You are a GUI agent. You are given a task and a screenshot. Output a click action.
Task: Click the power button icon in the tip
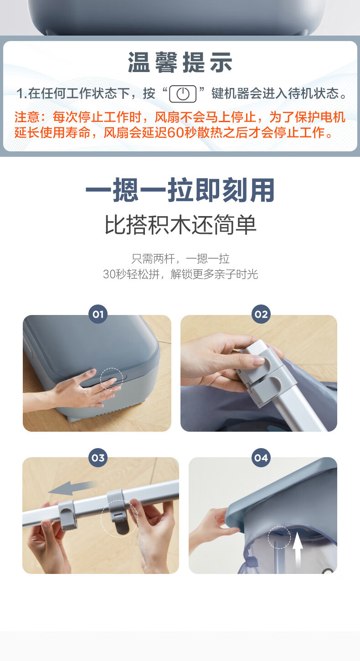click(183, 94)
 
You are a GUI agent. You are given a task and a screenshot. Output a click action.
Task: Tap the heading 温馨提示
click(180, 62)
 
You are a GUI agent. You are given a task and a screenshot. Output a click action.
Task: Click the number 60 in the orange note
click(176, 133)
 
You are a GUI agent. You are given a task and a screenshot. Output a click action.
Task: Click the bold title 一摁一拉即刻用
click(180, 190)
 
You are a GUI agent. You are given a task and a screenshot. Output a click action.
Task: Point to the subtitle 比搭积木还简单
click(180, 225)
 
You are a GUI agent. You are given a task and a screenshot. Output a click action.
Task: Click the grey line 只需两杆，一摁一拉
click(180, 259)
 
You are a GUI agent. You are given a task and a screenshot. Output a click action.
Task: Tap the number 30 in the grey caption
click(109, 274)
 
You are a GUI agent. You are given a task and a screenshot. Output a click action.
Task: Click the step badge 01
click(98, 314)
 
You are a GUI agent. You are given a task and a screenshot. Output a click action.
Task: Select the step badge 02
click(261, 314)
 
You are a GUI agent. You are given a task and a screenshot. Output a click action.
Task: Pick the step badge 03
click(98, 458)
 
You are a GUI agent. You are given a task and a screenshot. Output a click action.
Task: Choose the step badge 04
click(261, 458)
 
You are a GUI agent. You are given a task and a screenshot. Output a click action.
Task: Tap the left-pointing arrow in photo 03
click(72, 488)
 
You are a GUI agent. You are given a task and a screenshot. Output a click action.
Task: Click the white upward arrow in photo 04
click(298, 548)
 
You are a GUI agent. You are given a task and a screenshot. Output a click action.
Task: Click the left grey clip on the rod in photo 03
click(67, 515)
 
